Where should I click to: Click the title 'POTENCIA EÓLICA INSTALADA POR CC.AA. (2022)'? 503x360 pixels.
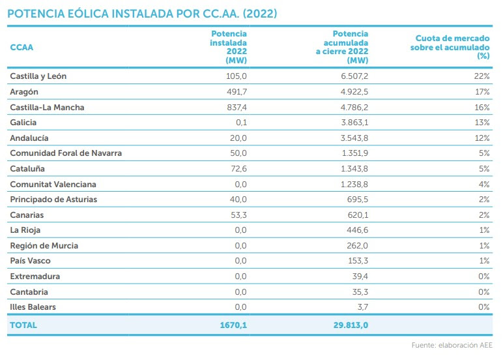click(x=142, y=14)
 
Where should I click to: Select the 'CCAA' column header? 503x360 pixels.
click(x=22, y=47)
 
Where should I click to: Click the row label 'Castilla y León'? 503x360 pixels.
click(x=38, y=76)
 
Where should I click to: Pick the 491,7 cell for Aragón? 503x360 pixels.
click(x=237, y=91)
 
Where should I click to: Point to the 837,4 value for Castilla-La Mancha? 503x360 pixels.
click(x=237, y=107)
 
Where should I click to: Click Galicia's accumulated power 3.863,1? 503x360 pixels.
click(x=354, y=123)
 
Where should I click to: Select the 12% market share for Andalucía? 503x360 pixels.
click(x=482, y=138)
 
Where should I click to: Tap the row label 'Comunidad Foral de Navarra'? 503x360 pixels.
click(x=66, y=153)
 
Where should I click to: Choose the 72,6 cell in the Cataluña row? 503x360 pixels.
click(x=238, y=169)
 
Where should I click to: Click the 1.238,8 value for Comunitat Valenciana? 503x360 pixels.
click(x=354, y=184)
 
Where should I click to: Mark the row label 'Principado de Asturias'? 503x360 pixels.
click(x=53, y=200)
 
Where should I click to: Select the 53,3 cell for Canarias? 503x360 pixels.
click(x=238, y=215)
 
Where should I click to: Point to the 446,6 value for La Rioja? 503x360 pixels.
click(x=357, y=230)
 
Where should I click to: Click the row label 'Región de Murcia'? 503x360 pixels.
click(x=44, y=246)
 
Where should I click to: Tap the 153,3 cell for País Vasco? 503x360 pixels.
click(x=358, y=260)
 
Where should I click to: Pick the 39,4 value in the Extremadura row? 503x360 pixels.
click(x=360, y=276)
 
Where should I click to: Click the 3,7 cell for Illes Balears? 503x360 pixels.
click(x=363, y=307)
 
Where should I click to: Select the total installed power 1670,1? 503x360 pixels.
click(x=233, y=325)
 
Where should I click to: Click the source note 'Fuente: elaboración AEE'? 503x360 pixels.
click(x=452, y=345)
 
